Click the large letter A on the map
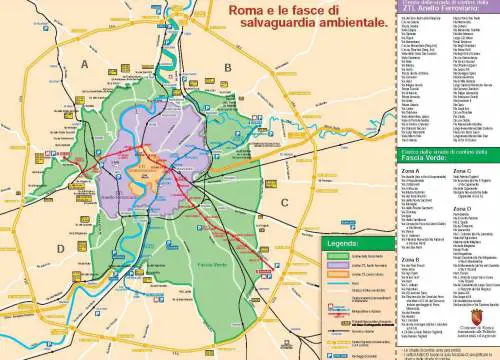[x=85, y=64]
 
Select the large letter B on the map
[x=228, y=67]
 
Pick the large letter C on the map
[x=284, y=204]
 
